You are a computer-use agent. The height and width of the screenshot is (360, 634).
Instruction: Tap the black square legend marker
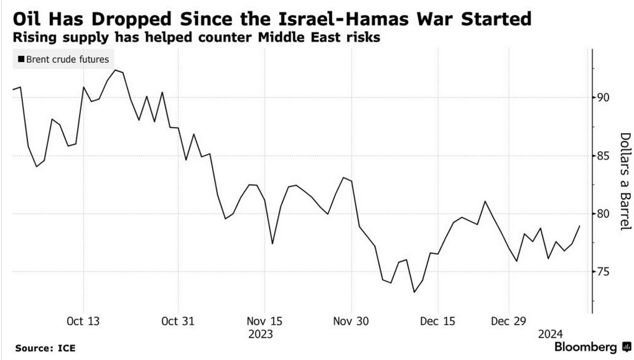click(21, 60)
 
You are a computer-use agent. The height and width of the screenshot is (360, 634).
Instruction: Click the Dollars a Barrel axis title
click(625, 181)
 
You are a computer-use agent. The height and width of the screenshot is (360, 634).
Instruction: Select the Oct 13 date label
click(83, 321)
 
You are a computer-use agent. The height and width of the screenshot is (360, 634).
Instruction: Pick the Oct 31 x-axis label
click(178, 321)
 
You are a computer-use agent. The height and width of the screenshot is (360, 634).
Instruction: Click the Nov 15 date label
click(264, 321)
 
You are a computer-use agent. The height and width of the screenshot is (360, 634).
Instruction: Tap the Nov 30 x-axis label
click(352, 321)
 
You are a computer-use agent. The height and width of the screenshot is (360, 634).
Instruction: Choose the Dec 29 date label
click(508, 321)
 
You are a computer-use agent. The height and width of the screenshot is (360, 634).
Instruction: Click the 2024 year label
click(551, 334)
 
